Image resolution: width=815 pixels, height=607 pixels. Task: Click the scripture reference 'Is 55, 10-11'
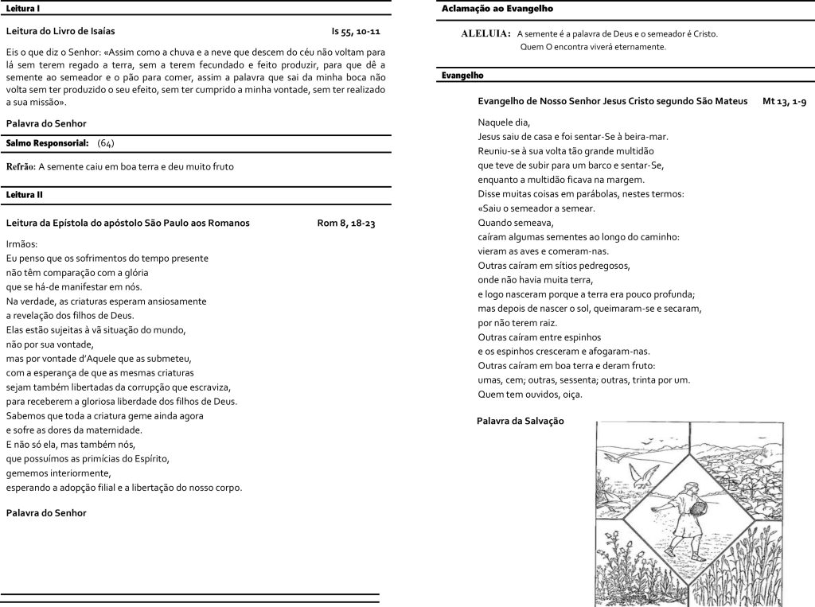click(356, 32)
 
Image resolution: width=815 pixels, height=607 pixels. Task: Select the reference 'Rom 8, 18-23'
click(346, 223)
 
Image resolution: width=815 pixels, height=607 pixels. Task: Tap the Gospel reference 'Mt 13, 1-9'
click(784, 102)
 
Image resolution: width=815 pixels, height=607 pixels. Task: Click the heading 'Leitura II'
click(24, 194)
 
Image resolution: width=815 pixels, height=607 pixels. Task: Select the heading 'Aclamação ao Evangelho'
click(497, 8)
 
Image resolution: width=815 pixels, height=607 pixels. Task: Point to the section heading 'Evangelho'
click(462, 75)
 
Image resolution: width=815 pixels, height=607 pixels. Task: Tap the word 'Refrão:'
click(21, 166)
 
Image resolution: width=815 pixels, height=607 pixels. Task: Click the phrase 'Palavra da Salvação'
click(520, 420)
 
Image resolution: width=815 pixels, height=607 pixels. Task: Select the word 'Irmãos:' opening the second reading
click(21, 243)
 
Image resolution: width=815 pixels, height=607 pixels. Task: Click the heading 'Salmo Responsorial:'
click(47, 142)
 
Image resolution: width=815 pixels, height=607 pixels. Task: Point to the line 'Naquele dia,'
click(503, 122)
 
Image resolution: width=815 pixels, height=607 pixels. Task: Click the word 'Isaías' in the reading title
click(100, 32)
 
